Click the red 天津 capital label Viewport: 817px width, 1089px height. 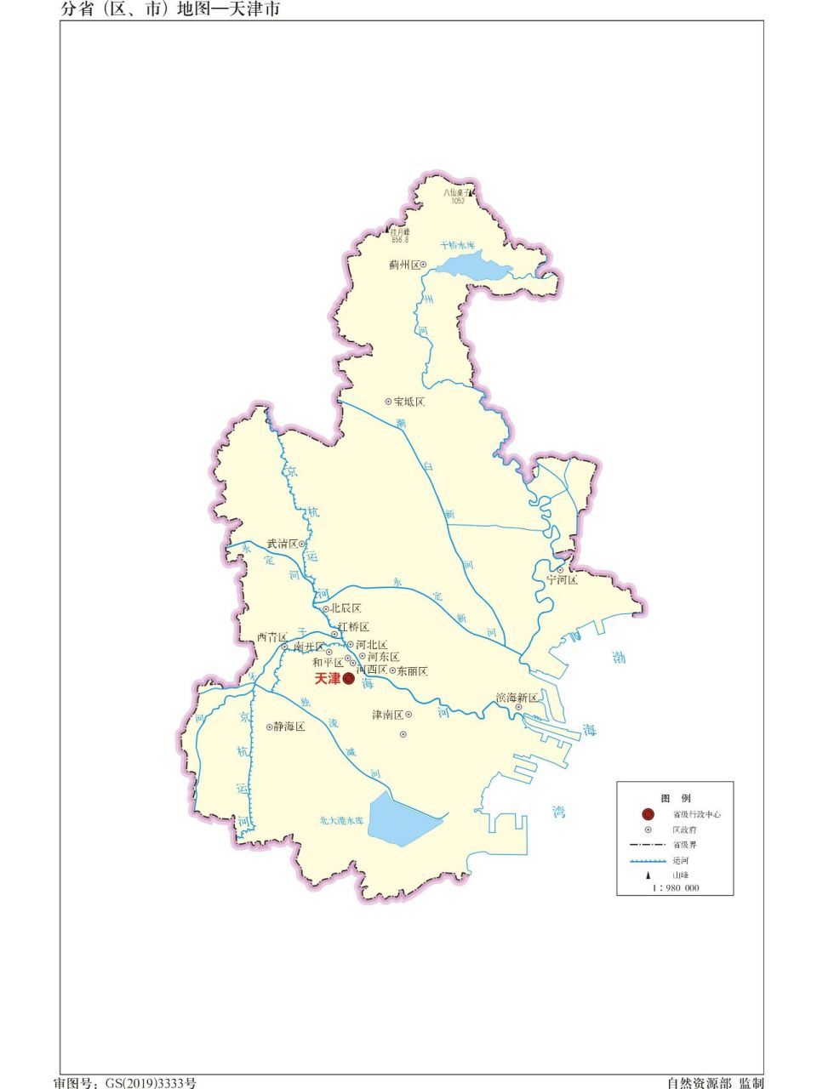tap(327, 679)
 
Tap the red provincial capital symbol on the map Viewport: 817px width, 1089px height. tap(348, 679)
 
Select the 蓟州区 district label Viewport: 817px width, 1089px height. tap(404, 265)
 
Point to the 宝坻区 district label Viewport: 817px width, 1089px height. tap(408, 402)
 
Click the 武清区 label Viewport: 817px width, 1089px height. tap(282, 544)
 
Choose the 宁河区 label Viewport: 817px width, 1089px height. tap(562, 580)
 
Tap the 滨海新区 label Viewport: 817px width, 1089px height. tap(517, 698)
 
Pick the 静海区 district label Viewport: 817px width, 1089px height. tap(289, 727)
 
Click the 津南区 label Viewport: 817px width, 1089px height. tap(387, 715)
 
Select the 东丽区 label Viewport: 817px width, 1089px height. tap(412, 671)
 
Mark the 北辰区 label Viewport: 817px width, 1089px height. tap(346, 609)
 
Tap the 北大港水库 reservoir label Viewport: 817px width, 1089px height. tap(341, 821)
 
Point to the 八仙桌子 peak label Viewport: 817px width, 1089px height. tap(457, 193)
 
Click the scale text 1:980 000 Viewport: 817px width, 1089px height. tap(676, 887)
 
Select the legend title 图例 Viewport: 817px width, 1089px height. tap(676, 798)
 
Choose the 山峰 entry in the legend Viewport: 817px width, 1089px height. tap(681, 875)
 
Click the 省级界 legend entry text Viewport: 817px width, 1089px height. tap(684, 845)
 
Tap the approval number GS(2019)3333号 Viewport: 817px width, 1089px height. tap(150, 1083)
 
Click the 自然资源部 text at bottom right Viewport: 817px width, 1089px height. tap(699, 1083)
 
